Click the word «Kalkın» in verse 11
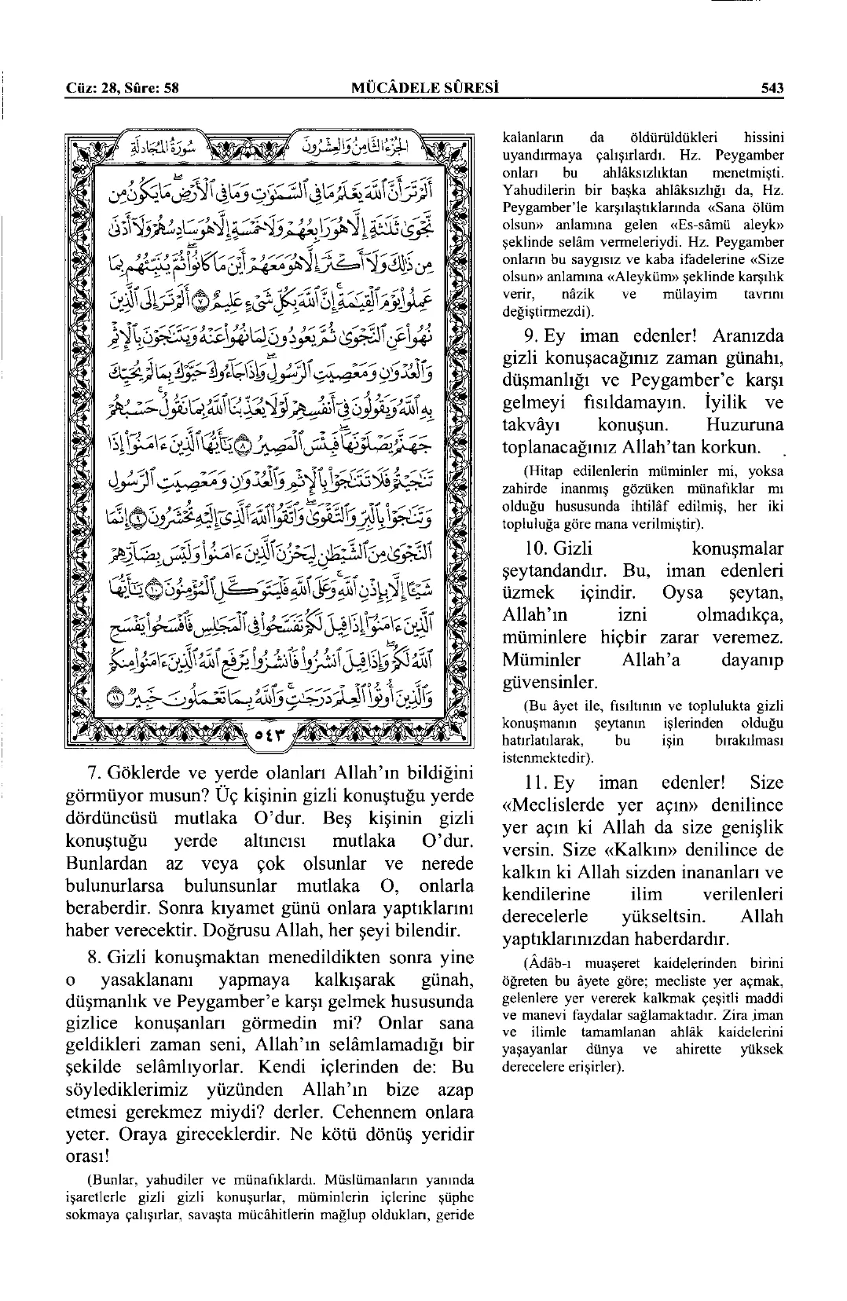pos(708,850)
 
